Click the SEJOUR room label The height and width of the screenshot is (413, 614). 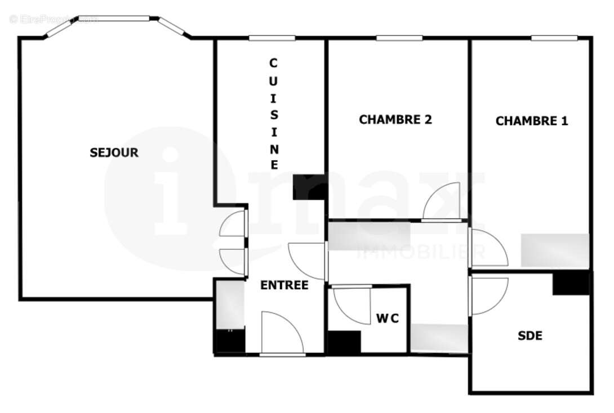[114, 152]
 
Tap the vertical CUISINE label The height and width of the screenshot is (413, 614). [274, 114]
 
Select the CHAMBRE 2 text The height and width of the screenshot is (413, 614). [395, 120]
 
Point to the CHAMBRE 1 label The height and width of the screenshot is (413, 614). [531, 121]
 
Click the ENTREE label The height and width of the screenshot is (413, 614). [284, 285]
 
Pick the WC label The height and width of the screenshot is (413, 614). [388, 318]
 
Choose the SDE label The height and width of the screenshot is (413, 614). [530, 336]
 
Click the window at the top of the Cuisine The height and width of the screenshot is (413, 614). [272, 38]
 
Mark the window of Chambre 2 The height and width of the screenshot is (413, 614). [399, 38]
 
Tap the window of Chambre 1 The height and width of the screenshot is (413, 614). [554, 38]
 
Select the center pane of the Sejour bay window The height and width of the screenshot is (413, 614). [114, 19]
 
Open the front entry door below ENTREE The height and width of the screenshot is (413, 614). [282, 333]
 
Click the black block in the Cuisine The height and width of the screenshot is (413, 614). [309, 187]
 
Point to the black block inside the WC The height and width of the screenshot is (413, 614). [344, 342]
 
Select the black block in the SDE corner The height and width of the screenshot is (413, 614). [571, 283]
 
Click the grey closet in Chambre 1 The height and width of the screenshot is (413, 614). [554, 250]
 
